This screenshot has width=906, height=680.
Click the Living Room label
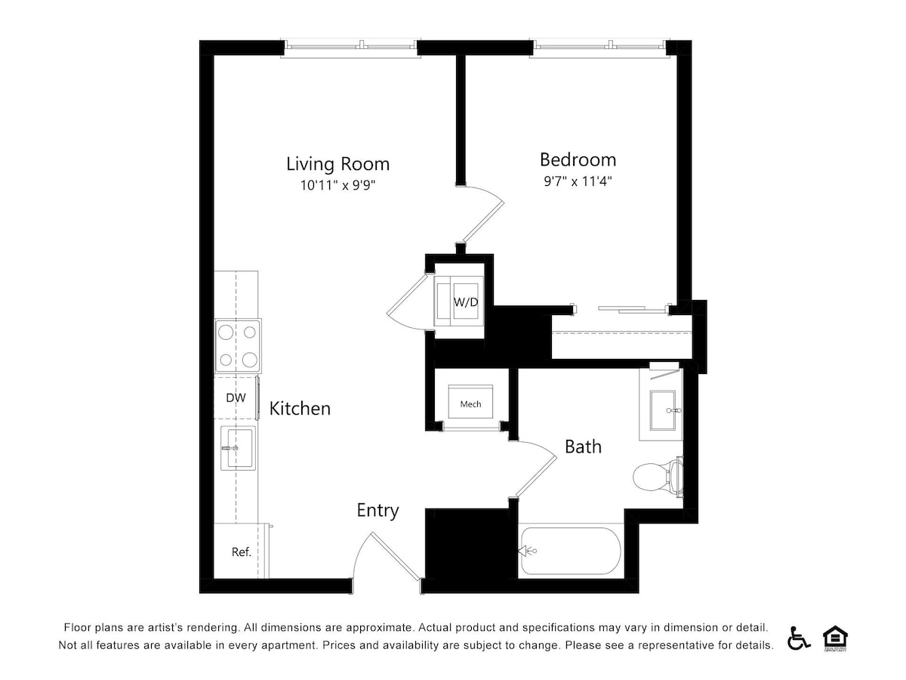[337, 164]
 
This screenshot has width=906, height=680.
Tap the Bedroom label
[578, 159]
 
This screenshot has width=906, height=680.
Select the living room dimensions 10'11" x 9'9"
[337, 185]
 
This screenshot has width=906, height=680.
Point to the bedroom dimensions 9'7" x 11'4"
[578, 181]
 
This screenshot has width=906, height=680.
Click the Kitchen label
[300, 409]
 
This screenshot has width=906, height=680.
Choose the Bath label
[583, 447]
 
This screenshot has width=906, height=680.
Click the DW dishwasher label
[236, 397]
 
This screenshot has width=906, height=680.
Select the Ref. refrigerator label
[241, 552]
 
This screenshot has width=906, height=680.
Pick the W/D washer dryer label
[466, 302]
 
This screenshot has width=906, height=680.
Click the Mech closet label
[470, 404]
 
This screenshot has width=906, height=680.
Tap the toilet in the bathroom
[658, 477]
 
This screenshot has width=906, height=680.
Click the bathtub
[571, 551]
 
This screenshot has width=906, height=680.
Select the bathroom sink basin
[662, 410]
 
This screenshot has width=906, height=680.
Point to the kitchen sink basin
[238, 448]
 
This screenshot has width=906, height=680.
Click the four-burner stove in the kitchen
[238, 346]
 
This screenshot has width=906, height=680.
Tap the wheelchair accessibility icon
[798, 638]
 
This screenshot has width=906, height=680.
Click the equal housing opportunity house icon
[835, 638]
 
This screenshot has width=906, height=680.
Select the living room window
[350, 48]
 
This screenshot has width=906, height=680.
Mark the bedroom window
[599, 48]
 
